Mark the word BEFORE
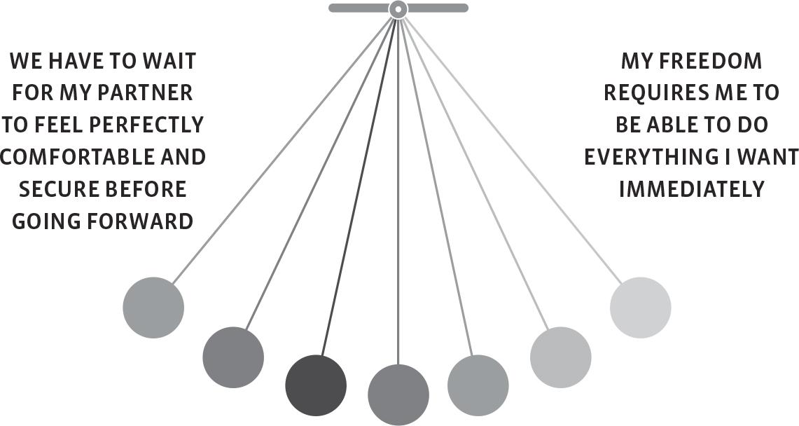click(x=146, y=189)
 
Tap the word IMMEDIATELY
click(x=691, y=189)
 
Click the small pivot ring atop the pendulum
click(x=398, y=9)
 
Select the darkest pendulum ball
click(x=316, y=385)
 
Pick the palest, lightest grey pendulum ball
click(x=640, y=308)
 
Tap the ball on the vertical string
click(x=398, y=394)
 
